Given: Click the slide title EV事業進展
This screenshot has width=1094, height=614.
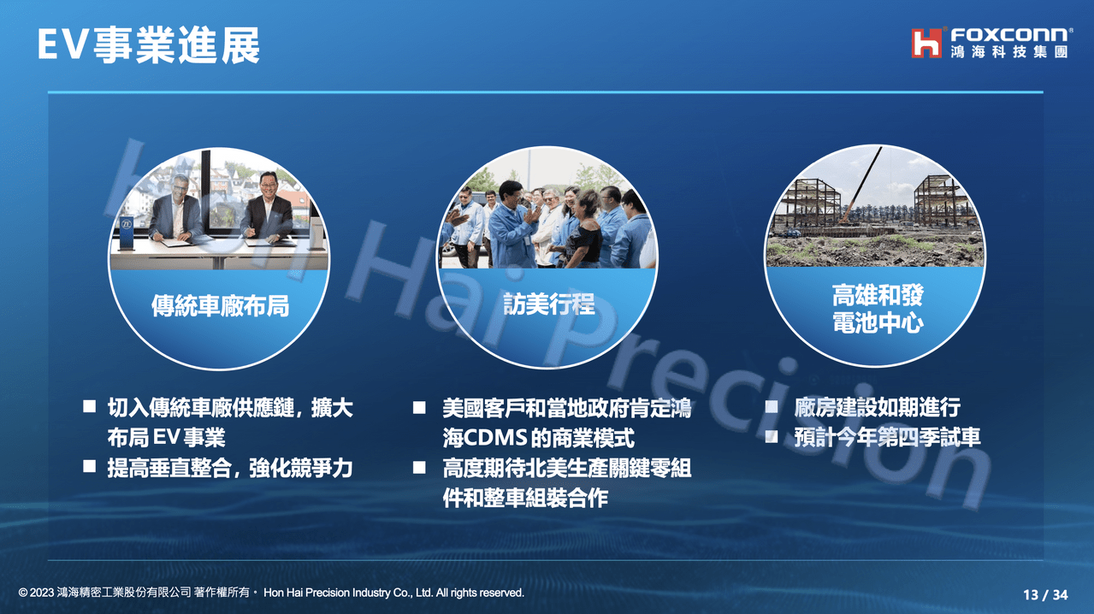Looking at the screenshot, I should pyautogui.click(x=148, y=45).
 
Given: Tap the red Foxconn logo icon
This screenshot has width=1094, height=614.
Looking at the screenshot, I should pyautogui.click(x=925, y=43).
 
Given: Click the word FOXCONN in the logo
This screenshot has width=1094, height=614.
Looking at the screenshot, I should pyautogui.click(x=1009, y=35).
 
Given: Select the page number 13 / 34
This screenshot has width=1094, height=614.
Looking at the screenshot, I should pyautogui.click(x=1045, y=594).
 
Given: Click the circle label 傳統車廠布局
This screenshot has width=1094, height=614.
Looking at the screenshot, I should pyautogui.click(x=220, y=306).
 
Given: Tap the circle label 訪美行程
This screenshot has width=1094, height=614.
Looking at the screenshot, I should pyautogui.click(x=548, y=304).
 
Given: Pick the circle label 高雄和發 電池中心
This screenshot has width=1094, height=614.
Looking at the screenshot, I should pyautogui.click(x=878, y=310).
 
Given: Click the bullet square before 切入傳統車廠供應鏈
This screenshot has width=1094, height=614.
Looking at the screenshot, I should pyautogui.click(x=89, y=406).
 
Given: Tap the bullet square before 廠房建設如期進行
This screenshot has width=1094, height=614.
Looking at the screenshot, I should pyautogui.click(x=772, y=406).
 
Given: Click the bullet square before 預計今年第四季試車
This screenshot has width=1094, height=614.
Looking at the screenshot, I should pyautogui.click(x=772, y=436).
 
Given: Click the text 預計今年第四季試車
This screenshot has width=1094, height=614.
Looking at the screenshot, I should pyautogui.click(x=887, y=437).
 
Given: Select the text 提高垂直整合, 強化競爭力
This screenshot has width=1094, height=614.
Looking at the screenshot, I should pyautogui.click(x=229, y=468).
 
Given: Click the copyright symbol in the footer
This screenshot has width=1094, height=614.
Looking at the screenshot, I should pyautogui.click(x=22, y=593).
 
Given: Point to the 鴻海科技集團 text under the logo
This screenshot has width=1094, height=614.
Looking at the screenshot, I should pyautogui.click(x=1009, y=53).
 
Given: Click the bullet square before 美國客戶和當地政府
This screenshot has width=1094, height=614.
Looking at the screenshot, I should pyautogui.click(x=419, y=407).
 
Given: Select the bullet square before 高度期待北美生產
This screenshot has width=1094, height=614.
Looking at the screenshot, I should pyautogui.click(x=419, y=467).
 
